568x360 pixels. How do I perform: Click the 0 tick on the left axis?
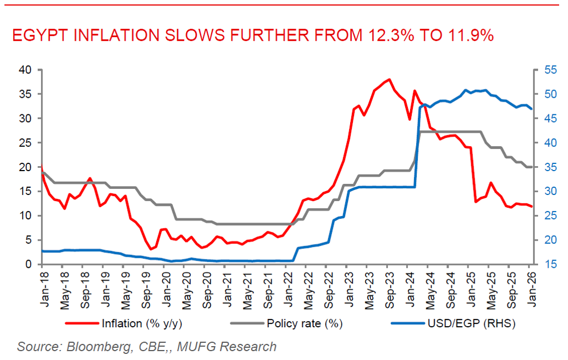pos(31,264)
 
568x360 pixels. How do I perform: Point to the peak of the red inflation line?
pos(389,79)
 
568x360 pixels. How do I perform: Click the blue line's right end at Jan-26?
pos(532,109)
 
